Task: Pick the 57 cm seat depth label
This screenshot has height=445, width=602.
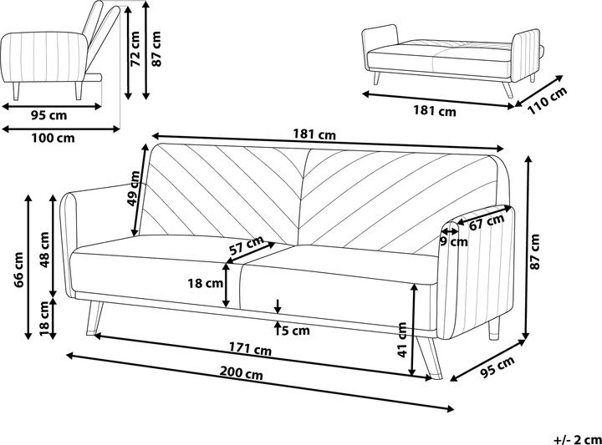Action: tap(247, 245)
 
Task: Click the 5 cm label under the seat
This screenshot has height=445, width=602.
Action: tap(294, 331)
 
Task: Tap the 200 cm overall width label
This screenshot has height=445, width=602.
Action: tap(243, 376)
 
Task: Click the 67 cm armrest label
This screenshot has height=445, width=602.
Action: tap(486, 222)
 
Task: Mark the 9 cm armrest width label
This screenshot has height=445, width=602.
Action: tap(454, 242)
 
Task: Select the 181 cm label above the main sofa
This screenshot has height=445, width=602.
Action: tap(314, 134)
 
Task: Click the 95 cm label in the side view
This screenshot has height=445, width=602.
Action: tap(48, 114)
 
